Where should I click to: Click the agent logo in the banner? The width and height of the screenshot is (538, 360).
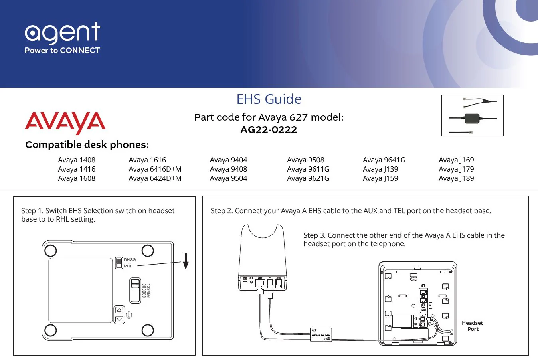click(x=62, y=33)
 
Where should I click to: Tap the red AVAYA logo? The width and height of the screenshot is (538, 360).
click(x=65, y=123)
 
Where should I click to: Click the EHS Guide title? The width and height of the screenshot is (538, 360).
click(x=269, y=99)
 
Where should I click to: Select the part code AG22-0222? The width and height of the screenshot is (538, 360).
click(x=269, y=130)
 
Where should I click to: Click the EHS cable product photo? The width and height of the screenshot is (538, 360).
click(x=473, y=116)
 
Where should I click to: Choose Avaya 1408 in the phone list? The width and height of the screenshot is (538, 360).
click(x=77, y=160)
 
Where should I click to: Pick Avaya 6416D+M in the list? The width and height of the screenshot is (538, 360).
click(x=155, y=169)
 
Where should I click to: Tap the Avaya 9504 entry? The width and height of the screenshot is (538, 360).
click(x=228, y=178)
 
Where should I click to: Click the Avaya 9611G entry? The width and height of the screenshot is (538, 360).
click(x=308, y=169)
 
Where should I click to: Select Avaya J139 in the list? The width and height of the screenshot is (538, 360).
click(x=380, y=169)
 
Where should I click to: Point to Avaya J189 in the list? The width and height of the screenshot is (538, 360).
click(x=456, y=178)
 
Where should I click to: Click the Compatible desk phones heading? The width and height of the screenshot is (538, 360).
click(x=87, y=145)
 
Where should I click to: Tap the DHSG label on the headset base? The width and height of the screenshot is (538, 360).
click(x=130, y=260)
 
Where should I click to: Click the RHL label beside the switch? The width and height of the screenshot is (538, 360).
click(x=128, y=266)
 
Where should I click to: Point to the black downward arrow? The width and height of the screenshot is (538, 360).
click(x=186, y=261)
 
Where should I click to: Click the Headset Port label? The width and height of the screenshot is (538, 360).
click(x=473, y=326)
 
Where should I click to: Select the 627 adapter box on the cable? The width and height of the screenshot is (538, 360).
click(x=321, y=334)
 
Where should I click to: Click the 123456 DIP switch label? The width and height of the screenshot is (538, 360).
click(x=148, y=291)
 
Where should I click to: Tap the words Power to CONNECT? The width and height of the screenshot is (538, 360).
click(x=62, y=51)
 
